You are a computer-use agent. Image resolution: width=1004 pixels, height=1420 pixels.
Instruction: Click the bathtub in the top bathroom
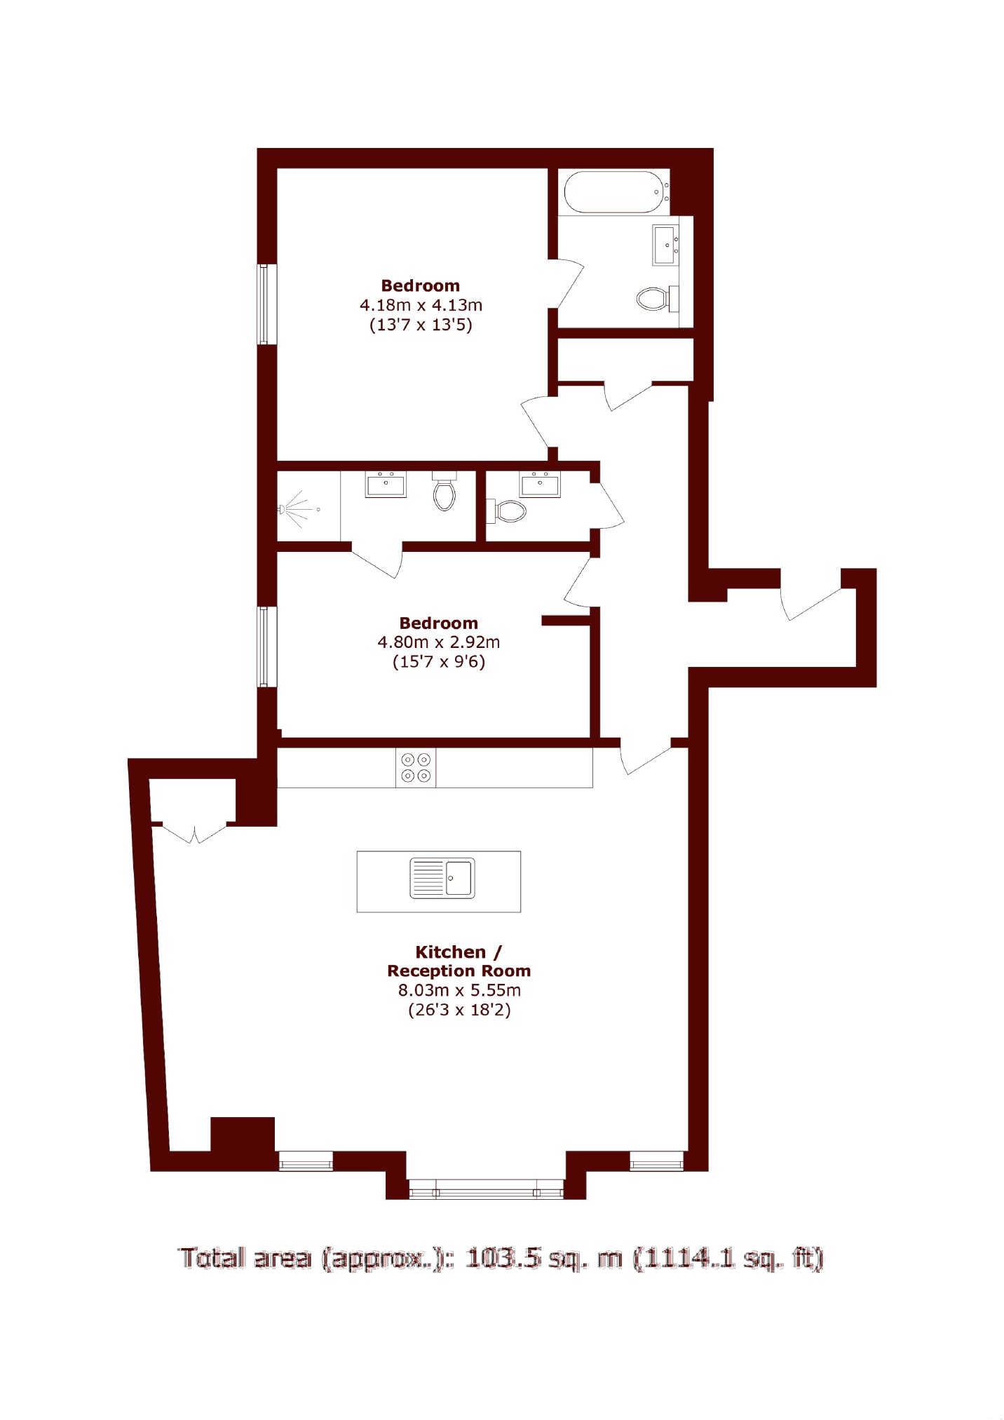click(x=616, y=191)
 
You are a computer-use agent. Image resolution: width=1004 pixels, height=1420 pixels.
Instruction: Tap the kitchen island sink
click(x=442, y=878)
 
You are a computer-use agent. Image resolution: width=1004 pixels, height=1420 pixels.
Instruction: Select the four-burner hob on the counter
click(x=416, y=767)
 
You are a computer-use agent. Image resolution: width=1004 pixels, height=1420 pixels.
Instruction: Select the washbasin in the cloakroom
click(x=540, y=484)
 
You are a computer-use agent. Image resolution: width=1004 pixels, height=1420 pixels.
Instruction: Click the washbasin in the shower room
click(x=386, y=484)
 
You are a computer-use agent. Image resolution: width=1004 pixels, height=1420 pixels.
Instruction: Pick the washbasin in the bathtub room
click(x=665, y=245)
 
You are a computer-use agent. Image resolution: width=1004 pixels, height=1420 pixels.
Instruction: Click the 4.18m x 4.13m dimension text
click(x=421, y=305)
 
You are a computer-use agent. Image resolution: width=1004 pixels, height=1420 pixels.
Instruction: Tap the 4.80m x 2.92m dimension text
click(x=439, y=642)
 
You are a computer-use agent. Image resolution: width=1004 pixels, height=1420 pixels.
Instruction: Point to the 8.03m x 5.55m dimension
click(x=459, y=990)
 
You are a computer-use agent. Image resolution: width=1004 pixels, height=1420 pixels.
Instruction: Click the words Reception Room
click(x=459, y=971)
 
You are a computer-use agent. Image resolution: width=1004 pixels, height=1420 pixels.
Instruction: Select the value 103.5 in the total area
click(x=503, y=1258)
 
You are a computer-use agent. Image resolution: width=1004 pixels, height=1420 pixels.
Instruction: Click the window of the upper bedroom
click(x=267, y=304)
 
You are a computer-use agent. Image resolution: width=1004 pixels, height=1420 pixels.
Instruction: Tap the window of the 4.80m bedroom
click(x=267, y=647)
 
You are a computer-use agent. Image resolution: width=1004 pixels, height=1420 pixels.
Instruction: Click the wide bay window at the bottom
click(x=486, y=1189)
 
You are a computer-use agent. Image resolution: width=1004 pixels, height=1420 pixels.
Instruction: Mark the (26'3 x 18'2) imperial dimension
click(x=459, y=1010)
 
